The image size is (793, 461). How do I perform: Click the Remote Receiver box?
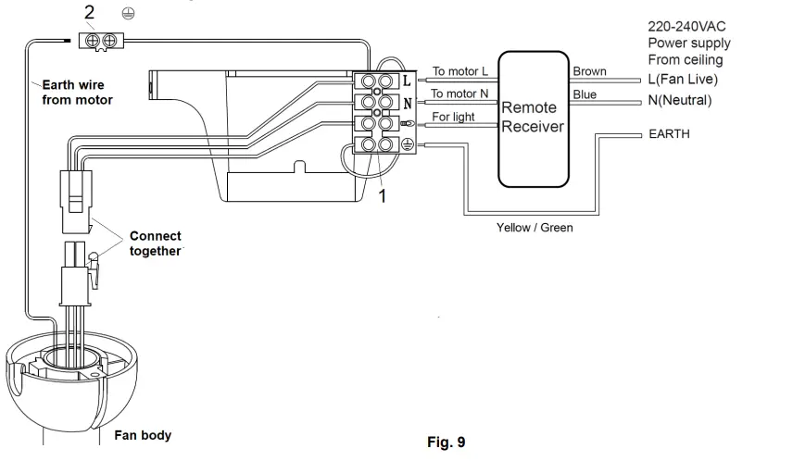534,119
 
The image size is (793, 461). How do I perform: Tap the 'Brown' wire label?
589,71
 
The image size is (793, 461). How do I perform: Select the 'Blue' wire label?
585,94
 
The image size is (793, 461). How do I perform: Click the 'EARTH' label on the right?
669,134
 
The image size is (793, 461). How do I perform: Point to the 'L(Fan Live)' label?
683,80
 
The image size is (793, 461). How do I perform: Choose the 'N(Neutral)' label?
680,100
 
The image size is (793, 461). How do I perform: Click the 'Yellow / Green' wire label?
535,228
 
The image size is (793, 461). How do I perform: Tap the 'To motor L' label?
460,71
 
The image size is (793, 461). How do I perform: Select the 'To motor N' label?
459,93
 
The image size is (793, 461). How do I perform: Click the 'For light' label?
453,117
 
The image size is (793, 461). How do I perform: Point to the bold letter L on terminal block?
407,81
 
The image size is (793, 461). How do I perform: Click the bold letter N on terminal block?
408,104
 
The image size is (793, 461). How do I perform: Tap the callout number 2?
89,12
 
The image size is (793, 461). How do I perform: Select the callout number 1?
383,196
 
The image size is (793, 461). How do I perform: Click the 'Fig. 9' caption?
447,442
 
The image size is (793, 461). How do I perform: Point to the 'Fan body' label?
143,435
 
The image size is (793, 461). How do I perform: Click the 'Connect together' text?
156,243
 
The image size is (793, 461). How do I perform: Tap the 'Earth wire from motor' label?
77,92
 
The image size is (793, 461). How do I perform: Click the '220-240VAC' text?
686,27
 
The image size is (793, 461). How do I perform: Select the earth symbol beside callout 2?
129,14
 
